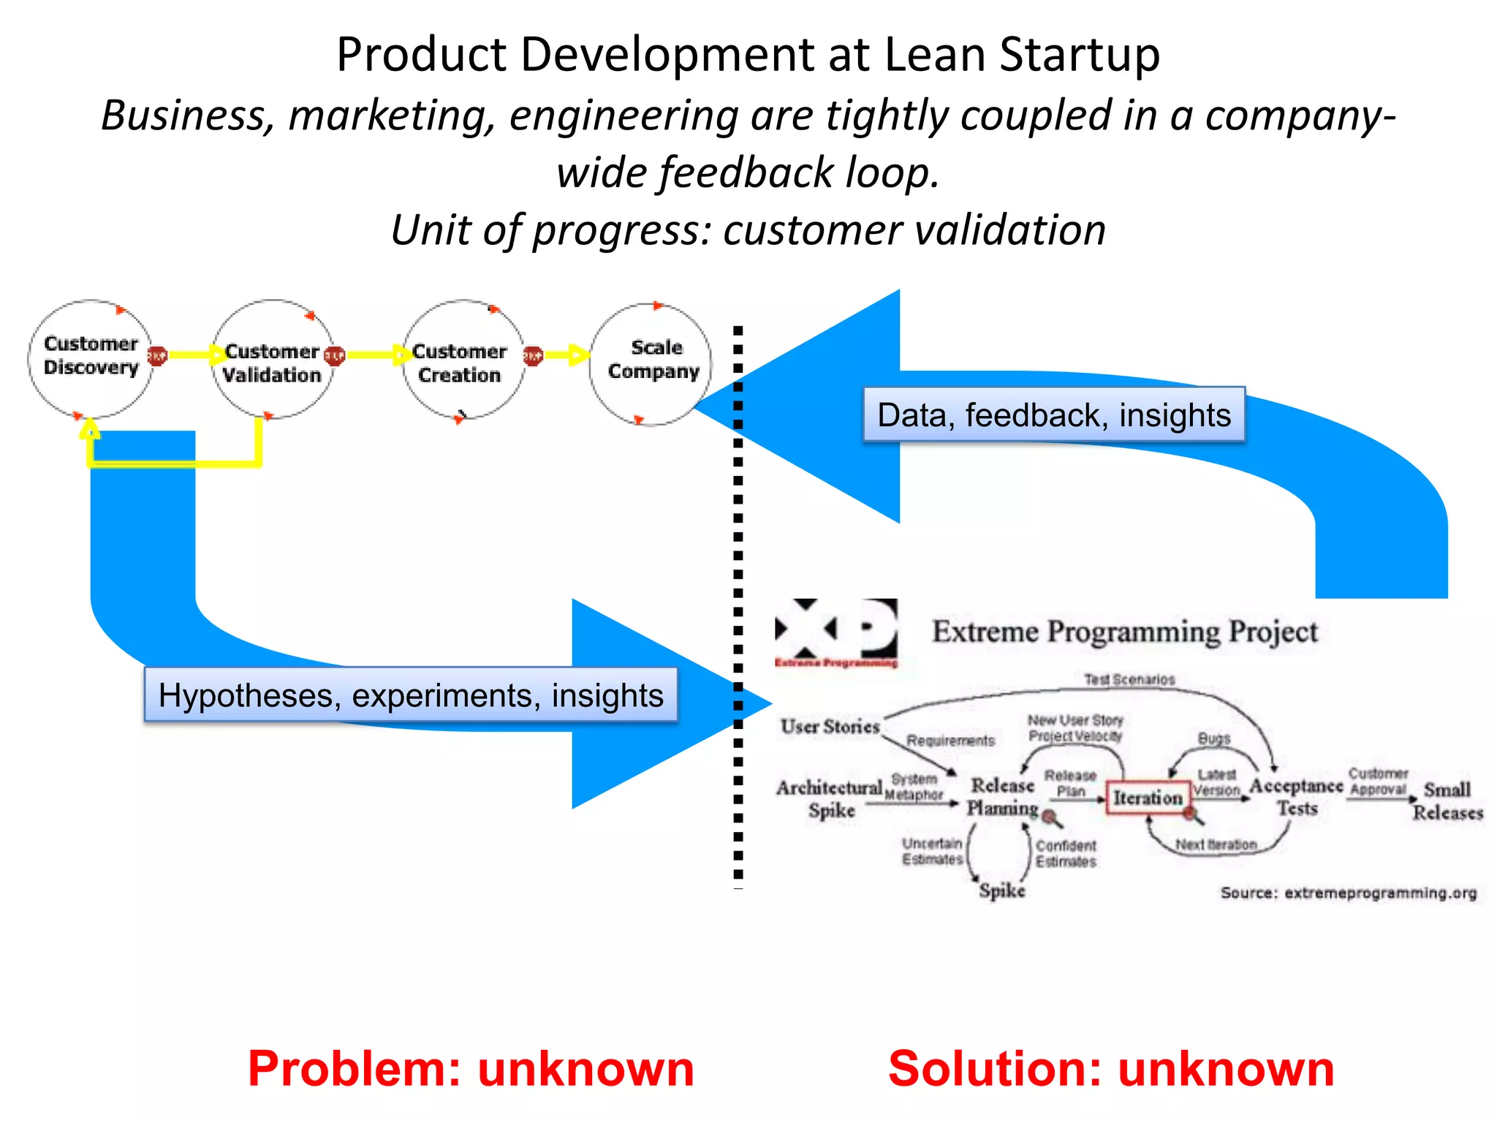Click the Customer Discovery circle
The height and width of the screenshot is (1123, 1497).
pos(91,358)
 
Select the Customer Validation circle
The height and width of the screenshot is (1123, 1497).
pos(273,360)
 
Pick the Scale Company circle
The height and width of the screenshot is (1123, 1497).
pos(651,363)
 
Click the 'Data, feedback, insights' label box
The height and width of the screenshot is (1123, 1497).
pos(1053,415)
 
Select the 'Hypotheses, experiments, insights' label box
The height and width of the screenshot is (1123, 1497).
pos(411,695)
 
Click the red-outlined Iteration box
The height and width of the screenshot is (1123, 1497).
pos(1147,798)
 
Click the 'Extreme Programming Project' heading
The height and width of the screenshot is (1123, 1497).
pos(1124,632)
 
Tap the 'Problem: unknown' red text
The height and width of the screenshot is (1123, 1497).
pos(471,1068)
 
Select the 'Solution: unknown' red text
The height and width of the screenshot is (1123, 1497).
pos(1111,1068)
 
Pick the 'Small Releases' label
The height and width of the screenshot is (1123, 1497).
pos(1447,801)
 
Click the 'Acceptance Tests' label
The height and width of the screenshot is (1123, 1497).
pos(1296,796)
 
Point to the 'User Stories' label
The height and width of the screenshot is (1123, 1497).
pos(830,726)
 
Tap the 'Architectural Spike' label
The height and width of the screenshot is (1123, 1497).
pos(830,798)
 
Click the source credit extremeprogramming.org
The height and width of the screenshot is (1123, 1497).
pos(1348,893)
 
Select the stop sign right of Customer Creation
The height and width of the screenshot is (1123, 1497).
pos(533,356)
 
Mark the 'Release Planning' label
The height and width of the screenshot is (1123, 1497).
pos(1002,796)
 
